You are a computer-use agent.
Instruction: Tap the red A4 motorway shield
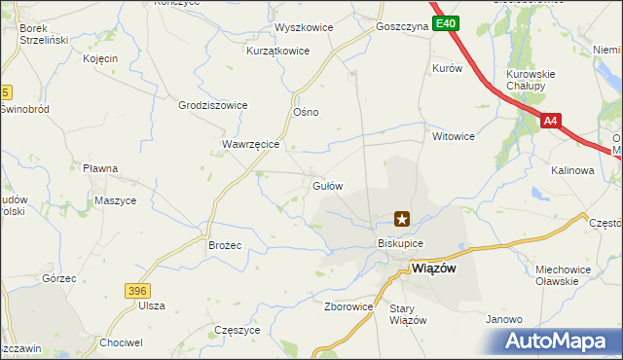tap(551, 122)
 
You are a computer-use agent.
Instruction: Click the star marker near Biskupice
tap(401, 220)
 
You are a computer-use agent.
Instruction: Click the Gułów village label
tap(326, 185)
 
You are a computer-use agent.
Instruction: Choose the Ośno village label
tap(307, 112)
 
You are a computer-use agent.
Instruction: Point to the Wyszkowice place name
tap(304, 27)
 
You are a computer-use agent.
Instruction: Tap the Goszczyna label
tap(401, 27)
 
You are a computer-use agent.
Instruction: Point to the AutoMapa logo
tap(559, 341)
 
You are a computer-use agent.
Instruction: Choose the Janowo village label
tap(505, 319)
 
